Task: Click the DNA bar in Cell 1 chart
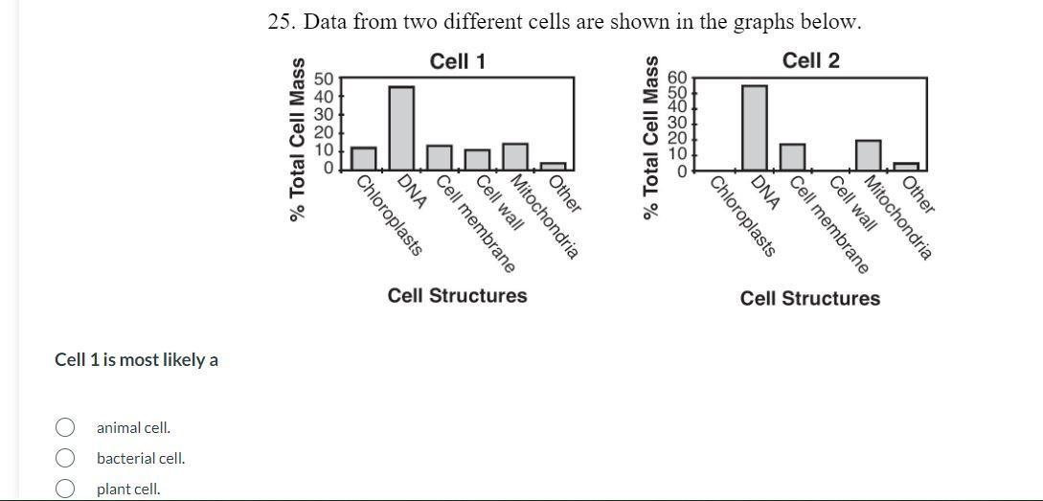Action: [401, 127]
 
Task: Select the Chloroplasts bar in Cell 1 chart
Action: [363, 158]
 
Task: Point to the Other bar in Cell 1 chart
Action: [553, 166]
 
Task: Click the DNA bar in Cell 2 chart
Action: [755, 127]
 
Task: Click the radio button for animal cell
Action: [65, 427]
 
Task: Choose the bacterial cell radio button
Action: [65, 458]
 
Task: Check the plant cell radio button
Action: [65, 489]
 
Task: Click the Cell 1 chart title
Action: [458, 61]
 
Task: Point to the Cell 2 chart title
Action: [810, 60]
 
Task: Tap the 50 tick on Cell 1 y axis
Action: [323, 79]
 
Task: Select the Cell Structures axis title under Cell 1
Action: [457, 295]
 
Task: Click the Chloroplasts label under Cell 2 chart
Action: [743, 216]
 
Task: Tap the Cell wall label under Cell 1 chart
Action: [500, 202]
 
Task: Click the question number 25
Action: [282, 22]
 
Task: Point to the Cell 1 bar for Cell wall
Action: [477, 159]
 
